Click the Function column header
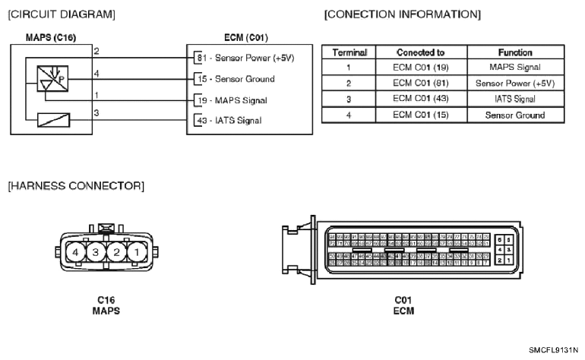[x=514, y=53]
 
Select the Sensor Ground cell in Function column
[x=514, y=115]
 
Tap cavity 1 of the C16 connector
[x=134, y=251]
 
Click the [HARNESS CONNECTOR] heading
[x=76, y=185]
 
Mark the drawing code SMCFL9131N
[x=553, y=350]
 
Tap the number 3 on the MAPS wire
[x=96, y=112]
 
